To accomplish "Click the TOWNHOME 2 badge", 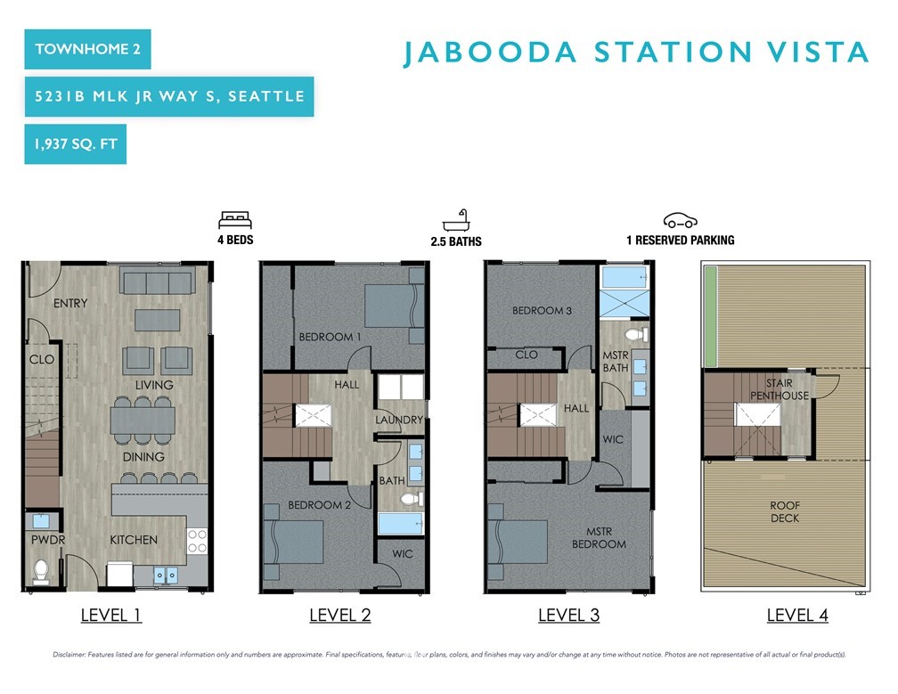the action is pos(87,49).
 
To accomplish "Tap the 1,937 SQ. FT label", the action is pos(76,143).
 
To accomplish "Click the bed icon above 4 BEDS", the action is pos(235,220).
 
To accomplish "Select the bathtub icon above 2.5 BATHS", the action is pos(456,220).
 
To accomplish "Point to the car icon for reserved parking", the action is pos(681,220).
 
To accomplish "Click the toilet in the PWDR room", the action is pos(41,571).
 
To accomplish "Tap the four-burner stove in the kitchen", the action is pos(197,541).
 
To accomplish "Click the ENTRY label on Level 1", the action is pos(70,303).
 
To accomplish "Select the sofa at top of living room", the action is pos(158,283).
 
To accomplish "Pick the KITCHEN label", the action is pos(134,539).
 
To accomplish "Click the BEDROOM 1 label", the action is pos(330,337).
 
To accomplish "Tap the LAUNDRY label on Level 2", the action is pos(399,420).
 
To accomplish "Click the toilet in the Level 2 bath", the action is pos(412,498).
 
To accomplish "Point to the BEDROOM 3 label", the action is pos(542,310).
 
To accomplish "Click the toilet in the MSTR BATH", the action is pos(636,334).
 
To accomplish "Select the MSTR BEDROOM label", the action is pos(599,538).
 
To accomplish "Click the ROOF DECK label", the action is pos(785,511).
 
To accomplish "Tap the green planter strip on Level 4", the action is pos(710,316).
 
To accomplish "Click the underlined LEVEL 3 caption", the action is pos(568,615).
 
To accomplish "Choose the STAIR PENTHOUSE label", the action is pos(780,388).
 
